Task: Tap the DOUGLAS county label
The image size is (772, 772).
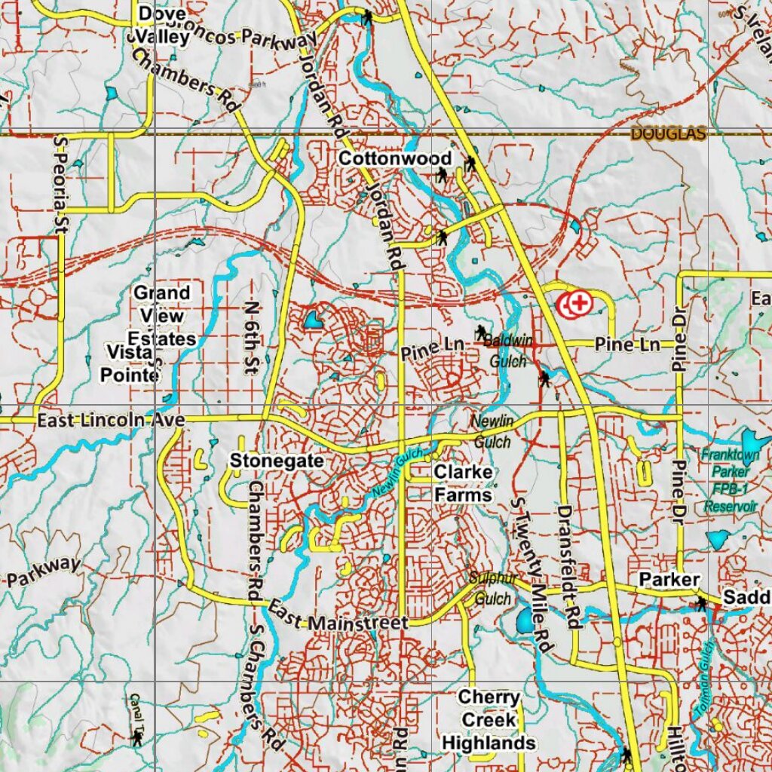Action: click(x=668, y=134)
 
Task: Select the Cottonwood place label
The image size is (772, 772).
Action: click(x=394, y=158)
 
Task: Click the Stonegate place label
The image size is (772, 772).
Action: click(x=277, y=460)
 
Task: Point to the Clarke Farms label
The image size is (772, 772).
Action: click(x=463, y=483)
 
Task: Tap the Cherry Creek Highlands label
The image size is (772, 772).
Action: click(x=489, y=720)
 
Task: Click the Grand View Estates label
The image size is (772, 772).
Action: click(x=162, y=315)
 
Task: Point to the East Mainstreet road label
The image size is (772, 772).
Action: click(x=338, y=617)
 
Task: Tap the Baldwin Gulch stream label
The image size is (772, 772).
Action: click(x=507, y=351)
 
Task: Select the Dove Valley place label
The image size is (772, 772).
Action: click(x=163, y=25)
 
